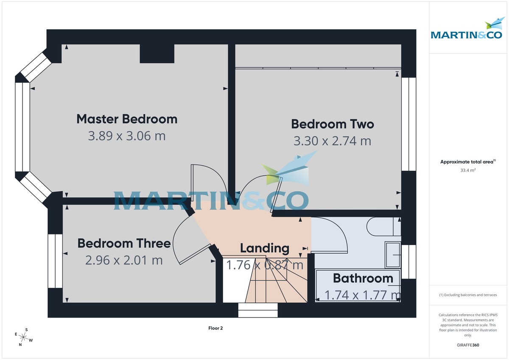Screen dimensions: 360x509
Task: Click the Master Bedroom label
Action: tap(127, 119)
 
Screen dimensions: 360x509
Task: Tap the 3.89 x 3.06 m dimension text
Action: tap(127, 136)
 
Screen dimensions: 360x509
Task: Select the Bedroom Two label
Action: tap(333, 124)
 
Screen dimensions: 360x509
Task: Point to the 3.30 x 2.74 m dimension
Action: tap(333, 141)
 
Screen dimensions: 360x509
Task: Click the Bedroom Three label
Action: tap(124, 243)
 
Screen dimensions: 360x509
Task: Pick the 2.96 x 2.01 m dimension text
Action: tap(124, 260)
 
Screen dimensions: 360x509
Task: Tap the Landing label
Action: tap(265, 248)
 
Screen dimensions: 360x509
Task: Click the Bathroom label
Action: tap(363, 278)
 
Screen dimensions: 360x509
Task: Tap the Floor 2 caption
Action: tap(215, 328)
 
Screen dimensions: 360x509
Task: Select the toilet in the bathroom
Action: tap(382, 227)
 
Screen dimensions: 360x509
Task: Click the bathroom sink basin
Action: tap(392, 255)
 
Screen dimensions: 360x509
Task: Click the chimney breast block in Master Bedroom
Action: tap(157, 53)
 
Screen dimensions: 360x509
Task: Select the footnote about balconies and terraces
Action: tap(468, 295)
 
